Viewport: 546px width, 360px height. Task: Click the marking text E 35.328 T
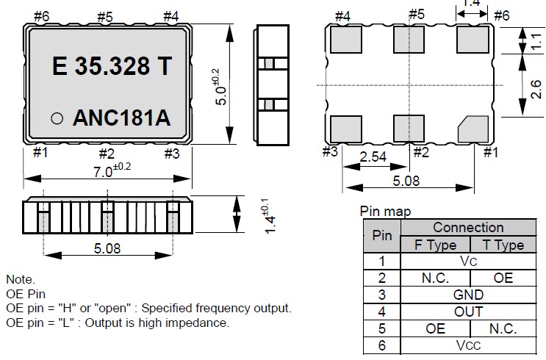pos(112,66)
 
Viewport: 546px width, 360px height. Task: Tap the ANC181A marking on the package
pos(122,118)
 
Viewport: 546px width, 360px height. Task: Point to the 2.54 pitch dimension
pos(373,156)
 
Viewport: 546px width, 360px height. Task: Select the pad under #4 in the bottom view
pos(345,40)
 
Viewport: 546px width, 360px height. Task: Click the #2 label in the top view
pos(107,153)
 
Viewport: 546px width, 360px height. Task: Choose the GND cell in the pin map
pos(468,295)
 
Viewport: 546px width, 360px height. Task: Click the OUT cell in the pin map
pos(468,312)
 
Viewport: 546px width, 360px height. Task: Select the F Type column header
pos(436,245)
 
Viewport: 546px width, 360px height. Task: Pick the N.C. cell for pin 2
pos(436,278)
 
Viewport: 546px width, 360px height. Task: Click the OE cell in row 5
pos(436,328)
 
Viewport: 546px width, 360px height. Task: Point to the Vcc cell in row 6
pos(468,345)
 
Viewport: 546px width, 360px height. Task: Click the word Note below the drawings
pos(21,279)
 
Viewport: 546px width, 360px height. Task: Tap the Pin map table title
pos(386,212)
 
